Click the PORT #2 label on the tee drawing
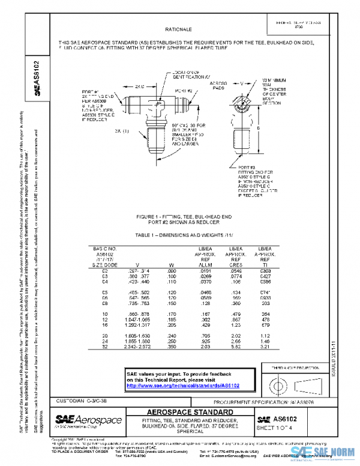(183, 90)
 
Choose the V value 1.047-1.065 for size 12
(139, 319)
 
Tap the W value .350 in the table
(171, 346)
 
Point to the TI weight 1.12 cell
(265, 335)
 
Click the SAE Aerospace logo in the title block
(88, 419)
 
